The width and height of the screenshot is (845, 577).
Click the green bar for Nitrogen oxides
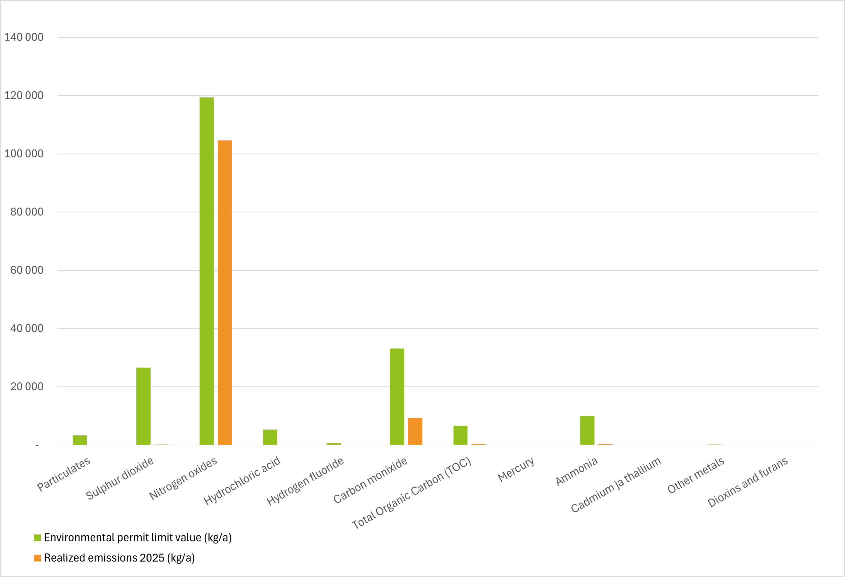click(x=207, y=271)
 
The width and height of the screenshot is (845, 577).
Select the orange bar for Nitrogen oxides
click(x=225, y=292)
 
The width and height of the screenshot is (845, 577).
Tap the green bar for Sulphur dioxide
click(x=143, y=406)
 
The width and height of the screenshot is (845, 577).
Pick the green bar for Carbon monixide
click(x=397, y=397)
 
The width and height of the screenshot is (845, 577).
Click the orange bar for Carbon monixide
click(x=415, y=431)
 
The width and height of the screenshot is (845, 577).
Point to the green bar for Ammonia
click(x=587, y=430)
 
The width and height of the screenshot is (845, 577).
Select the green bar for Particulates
click(x=80, y=440)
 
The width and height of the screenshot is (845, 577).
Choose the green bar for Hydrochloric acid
click(x=270, y=437)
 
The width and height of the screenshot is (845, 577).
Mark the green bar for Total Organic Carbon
click(x=460, y=435)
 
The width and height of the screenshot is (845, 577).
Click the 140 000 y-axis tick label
click(x=24, y=37)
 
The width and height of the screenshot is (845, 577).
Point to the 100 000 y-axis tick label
click(x=24, y=154)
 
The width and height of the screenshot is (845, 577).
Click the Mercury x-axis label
click(x=516, y=469)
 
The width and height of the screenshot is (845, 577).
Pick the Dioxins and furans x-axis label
click(x=748, y=482)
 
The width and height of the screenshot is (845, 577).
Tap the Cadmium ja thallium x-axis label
click(x=616, y=485)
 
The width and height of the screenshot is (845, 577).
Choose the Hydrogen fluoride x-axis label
click(x=305, y=481)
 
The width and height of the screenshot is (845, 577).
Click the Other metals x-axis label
click(x=695, y=475)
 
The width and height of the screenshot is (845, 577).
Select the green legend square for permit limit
click(x=37, y=538)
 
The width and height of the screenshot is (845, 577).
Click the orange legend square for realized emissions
click(x=37, y=558)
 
